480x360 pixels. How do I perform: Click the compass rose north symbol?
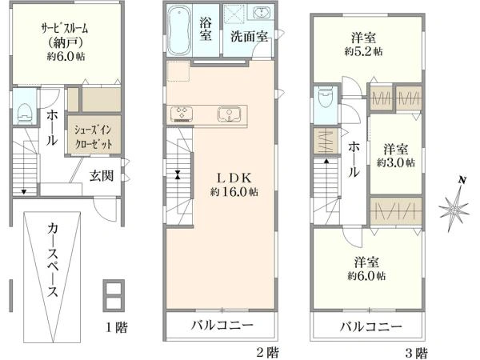pos(454,208)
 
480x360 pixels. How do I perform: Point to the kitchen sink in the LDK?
pos(228,114)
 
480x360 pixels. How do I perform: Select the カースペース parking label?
pos(52,258)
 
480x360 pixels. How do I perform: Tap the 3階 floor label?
pos(414,351)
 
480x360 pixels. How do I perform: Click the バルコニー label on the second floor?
pos(222,326)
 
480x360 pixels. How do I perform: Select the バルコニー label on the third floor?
pos(369,326)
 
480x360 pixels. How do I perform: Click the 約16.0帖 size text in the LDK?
pos(234,192)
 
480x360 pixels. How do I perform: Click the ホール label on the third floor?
pos(354,160)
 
